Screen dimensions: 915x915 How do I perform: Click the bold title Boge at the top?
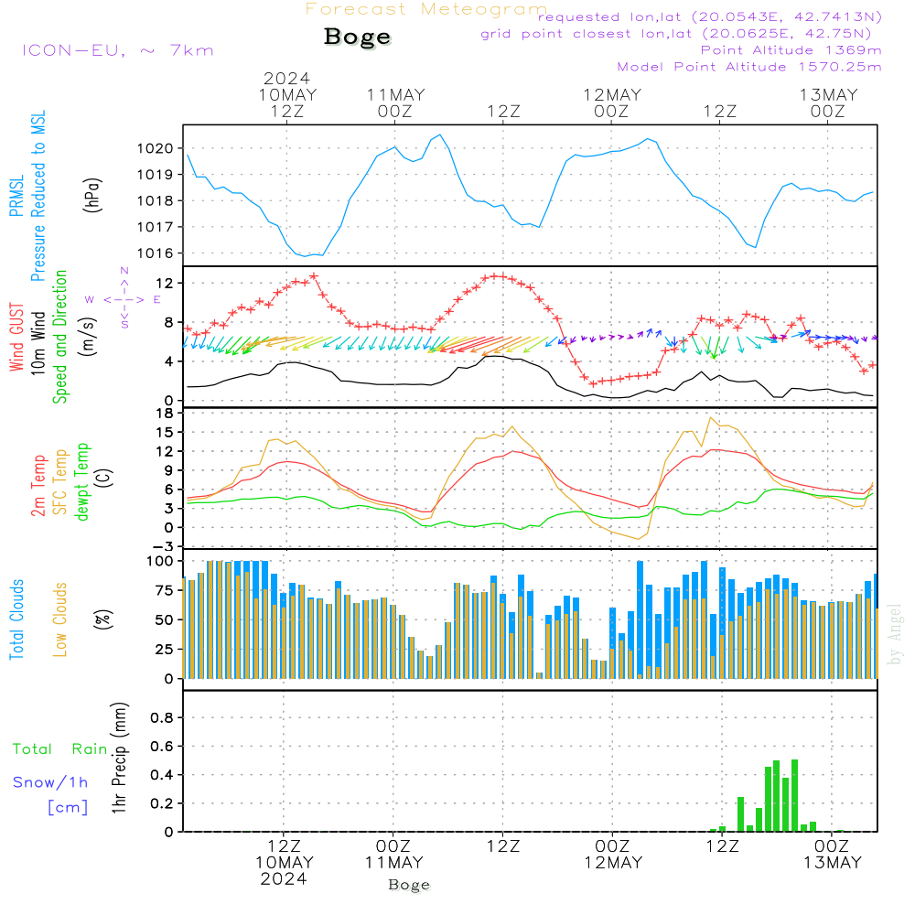[x=357, y=38]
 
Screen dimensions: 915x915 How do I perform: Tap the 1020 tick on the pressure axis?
[x=156, y=149]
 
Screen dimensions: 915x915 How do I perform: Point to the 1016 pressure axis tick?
[x=156, y=253]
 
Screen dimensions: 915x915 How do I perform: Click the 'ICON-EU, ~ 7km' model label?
[x=118, y=50]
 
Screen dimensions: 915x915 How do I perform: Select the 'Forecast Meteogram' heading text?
[x=426, y=9]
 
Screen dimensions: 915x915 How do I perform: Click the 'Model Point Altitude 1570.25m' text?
[x=749, y=67]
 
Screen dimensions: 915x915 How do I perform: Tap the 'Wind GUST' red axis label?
[x=16, y=338]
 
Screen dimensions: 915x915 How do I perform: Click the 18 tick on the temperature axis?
[x=166, y=414]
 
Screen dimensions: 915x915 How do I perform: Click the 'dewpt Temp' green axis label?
[x=81, y=481]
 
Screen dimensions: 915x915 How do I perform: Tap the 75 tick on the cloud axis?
[x=165, y=590]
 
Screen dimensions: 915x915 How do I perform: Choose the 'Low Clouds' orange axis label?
[x=59, y=619]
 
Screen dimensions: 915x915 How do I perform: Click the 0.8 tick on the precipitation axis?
[x=162, y=717]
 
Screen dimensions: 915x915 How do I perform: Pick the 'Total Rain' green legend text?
[x=60, y=749]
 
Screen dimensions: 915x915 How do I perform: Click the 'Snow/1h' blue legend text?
[x=50, y=782]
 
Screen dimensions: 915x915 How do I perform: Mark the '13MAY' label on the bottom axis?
[x=832, y=863]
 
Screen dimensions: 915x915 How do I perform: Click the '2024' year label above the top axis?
[x=286, y=79]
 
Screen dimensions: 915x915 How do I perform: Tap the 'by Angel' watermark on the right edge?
[x=895, y=635]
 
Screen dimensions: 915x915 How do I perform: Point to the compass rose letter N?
[x=124, y=271]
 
